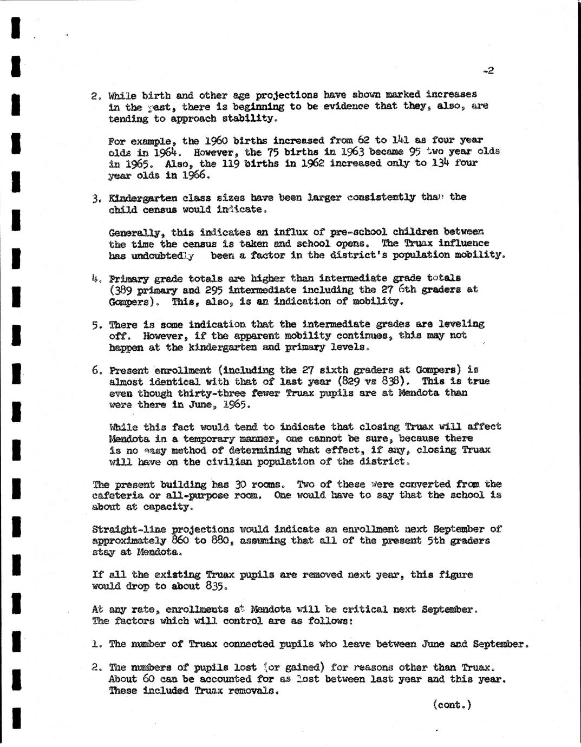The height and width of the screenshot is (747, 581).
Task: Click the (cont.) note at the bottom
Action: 453,705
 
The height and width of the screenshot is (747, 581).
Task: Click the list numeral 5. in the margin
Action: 97,325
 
